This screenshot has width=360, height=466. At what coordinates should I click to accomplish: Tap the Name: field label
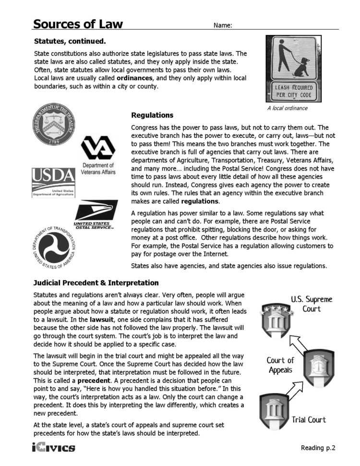pos(223,25)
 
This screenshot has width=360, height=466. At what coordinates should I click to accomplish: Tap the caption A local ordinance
pos(287,108)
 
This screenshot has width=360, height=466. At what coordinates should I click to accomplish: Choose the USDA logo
pos(53,182)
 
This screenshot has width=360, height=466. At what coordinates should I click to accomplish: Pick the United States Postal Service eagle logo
pos(95,214)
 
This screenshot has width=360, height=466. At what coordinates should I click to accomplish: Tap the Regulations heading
pos(152,116)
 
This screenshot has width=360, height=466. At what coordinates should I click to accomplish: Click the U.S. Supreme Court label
pos(312,304)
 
